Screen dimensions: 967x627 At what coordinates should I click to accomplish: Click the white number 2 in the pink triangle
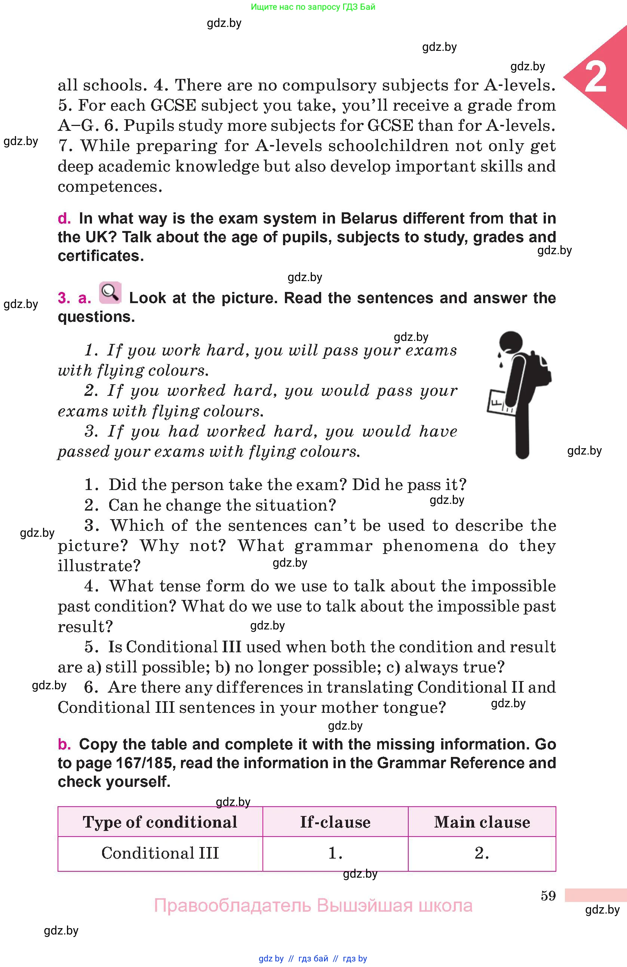pyautogui.click(x=595, y=77)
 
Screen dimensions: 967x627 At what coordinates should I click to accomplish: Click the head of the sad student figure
pyautogui.click(x=511, y=341)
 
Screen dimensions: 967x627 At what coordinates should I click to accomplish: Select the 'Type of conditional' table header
pyautogui.click(x=160, y=822)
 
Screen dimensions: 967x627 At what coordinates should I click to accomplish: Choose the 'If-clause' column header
pyautogui.click(x=335, y=822)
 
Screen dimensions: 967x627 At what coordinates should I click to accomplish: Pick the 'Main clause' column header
pyautogui.click(x=482, y=822)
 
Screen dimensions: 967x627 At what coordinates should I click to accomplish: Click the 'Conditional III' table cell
pyautogui.click(x=160, y=853)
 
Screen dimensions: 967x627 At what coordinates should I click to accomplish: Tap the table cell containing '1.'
pyautogui.click(x=335, y=853)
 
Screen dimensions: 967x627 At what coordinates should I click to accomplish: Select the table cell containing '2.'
pyautogui.click(x=482, y=853)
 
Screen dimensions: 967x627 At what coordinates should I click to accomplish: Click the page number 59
pyautogui.click(x=548, y=896)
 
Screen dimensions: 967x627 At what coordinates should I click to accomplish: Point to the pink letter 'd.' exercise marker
pyautogui.click(x=64, y=219)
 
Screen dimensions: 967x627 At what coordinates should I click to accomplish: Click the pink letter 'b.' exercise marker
pyautogui.click(x=64, y=744)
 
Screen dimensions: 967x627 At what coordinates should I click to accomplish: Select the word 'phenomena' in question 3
pyautogui.click(x=430, y=546)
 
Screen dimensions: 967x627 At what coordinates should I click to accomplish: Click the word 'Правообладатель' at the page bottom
pyautogui.click(x=233, y=906)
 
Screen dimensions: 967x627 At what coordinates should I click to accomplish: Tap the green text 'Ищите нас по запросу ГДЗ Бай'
pyautogui.click(x=313, y=7)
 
